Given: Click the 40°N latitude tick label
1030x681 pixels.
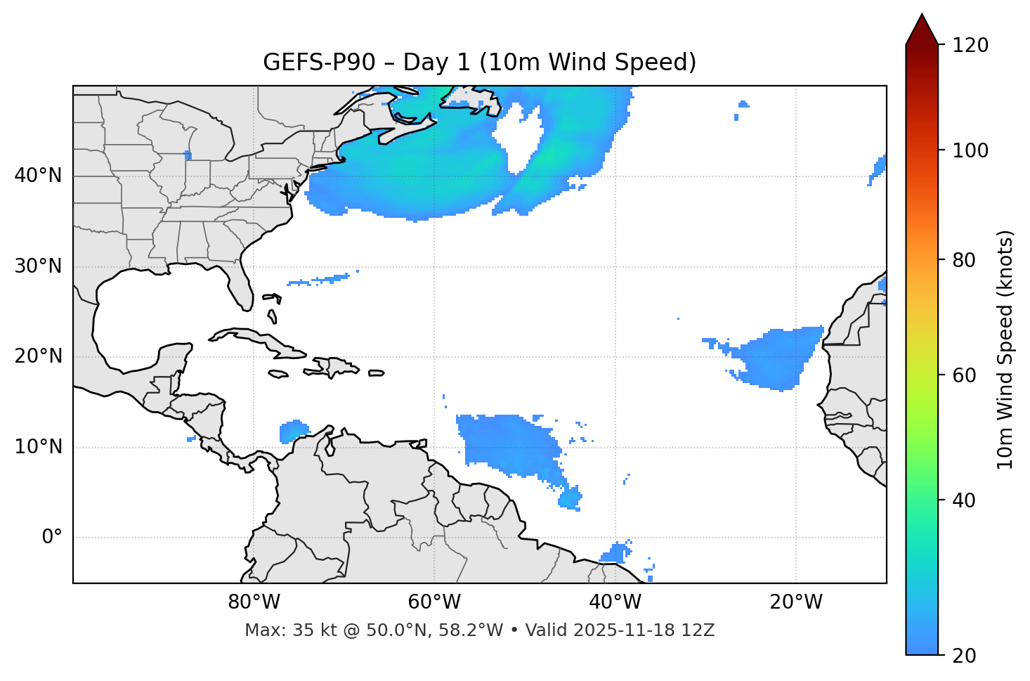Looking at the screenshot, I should [x=38, y=176].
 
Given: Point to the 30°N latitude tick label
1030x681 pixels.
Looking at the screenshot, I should [x=38, y=266].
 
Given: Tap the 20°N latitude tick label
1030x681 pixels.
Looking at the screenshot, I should [x=38, y=356].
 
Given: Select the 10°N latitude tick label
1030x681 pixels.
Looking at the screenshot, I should [x=38, y=447].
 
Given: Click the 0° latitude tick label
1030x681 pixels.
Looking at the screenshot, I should [x=52, y=538].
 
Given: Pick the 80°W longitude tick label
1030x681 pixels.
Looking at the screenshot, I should [x=254, y=602].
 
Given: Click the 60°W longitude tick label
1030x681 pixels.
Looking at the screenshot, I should [x=434, y=602].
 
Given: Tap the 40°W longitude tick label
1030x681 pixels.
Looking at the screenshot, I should [x=615, y=602].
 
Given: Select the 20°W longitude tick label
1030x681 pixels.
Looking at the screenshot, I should [x=796, y=602].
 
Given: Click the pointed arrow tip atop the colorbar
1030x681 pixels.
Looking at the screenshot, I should [x=922, y=15].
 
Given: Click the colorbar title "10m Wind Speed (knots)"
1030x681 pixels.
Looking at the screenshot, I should [x=1005, y=349].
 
